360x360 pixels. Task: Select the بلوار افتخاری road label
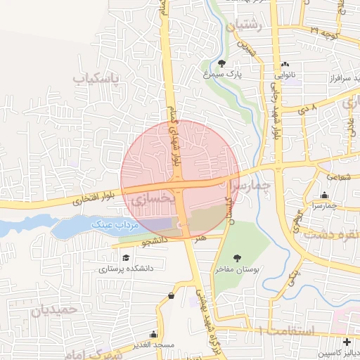(88, 201)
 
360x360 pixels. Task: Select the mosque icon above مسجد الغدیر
(153, 335)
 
